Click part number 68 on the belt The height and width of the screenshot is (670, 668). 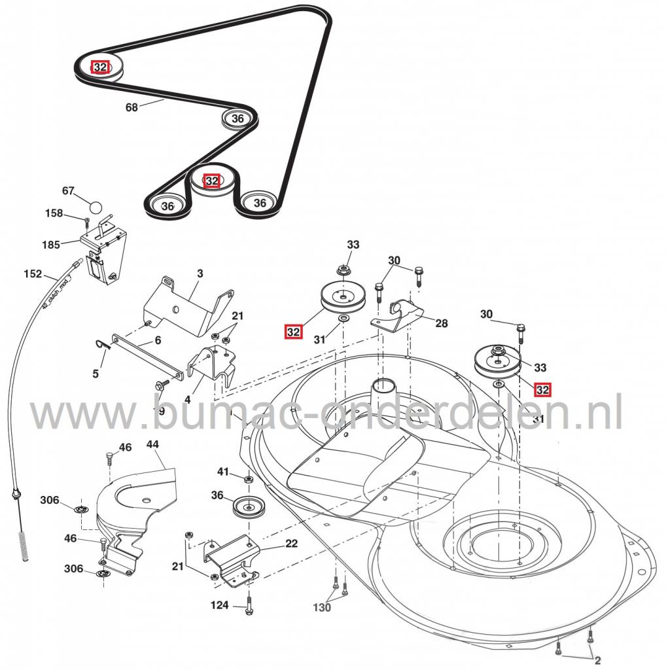(132, 107)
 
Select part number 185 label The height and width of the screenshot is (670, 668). (52, 245)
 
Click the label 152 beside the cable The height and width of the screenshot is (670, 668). (32, 273)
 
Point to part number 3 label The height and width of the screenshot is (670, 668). (200, 273)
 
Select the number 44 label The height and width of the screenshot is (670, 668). (152, 444)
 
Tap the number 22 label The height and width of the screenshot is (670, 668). (291, 543)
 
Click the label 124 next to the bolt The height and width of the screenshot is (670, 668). (220, 605)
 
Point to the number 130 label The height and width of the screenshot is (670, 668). (322, 608)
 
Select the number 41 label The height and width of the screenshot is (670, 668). (224, 472)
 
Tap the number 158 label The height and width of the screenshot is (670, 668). (54, 213)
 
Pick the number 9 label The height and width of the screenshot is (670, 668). (162, 411)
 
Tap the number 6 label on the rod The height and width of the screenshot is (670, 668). (158, 341)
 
